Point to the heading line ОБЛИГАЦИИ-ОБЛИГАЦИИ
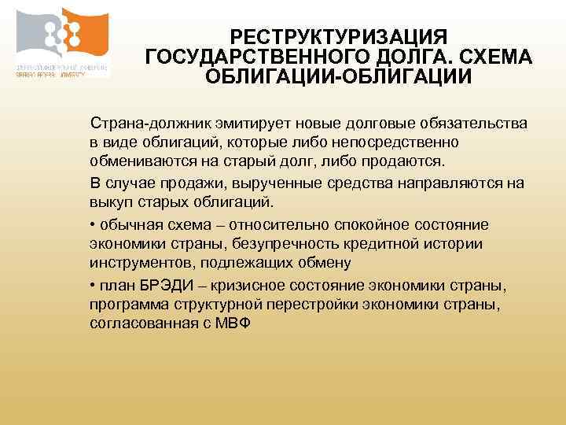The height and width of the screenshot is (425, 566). tap(339, 78)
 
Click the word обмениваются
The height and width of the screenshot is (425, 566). tap(135, 162)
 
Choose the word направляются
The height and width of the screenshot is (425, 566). tap(444, 183)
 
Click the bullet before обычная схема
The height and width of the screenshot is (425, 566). tap(93, 224)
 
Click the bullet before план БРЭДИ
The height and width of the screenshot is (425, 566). tap(93, 284)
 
